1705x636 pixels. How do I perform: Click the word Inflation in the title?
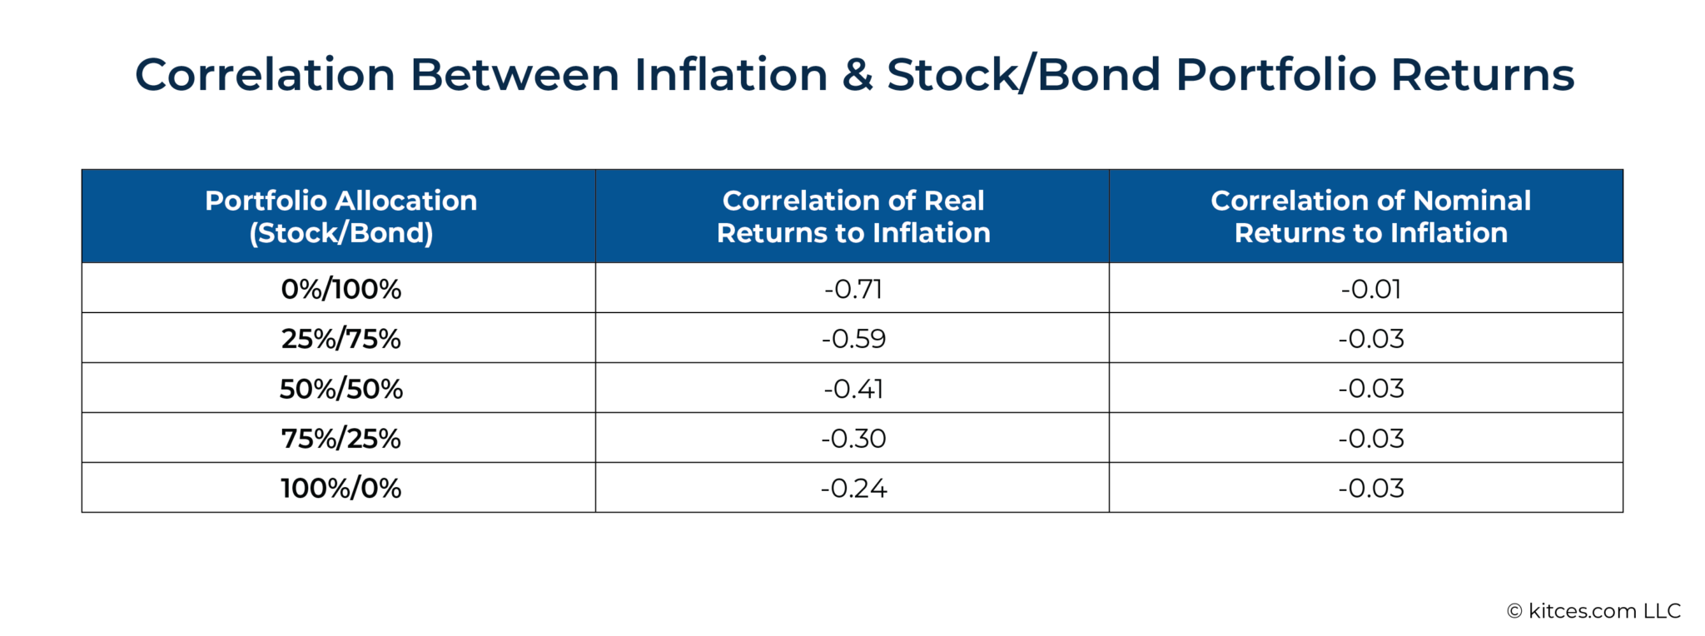730,75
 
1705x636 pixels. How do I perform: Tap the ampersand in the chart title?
857,75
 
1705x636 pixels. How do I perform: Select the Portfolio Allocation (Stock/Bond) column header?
341,216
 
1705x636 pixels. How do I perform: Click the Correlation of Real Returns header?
853,216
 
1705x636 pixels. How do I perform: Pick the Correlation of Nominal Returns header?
1370,216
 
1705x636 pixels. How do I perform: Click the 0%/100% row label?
341,289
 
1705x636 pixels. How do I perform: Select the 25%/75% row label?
341,339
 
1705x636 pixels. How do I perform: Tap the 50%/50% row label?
341,389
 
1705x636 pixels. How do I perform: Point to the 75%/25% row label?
341,439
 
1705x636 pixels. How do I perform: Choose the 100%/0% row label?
341,488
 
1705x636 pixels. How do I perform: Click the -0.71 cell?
853,289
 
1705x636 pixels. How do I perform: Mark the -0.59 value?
853,339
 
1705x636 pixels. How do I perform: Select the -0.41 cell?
853,389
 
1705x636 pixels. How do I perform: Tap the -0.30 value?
853,439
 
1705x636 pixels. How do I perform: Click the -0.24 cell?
853,488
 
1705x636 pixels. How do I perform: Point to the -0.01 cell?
1370,289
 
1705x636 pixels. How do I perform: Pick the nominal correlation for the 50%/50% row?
1370,389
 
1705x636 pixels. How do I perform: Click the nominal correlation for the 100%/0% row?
1370,488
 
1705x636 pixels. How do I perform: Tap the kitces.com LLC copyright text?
1593,611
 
